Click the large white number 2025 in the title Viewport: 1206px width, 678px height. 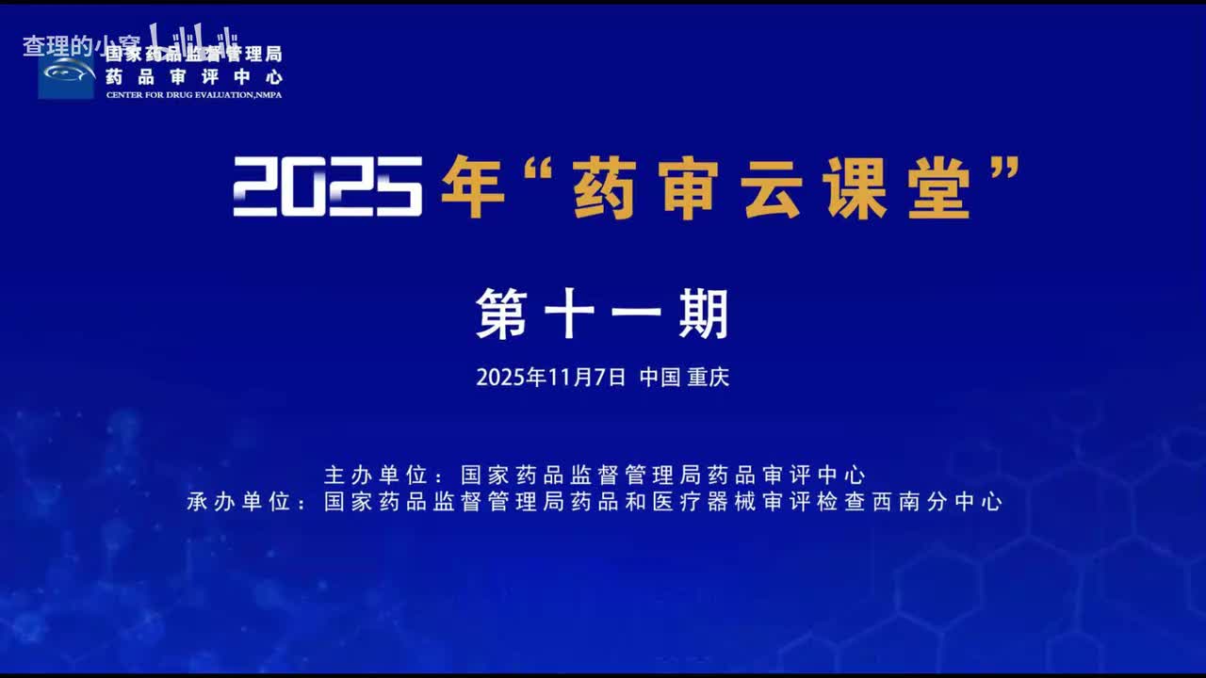327,186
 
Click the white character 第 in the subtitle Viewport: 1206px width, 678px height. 502,314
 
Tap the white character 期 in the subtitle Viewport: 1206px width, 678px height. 703,314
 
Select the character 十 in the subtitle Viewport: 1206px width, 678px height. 569,314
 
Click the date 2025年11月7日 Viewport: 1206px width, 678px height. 550,378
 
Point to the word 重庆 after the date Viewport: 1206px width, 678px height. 709,378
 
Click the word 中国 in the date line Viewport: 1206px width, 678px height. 660,378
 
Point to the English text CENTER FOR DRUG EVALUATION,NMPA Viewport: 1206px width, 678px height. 193,95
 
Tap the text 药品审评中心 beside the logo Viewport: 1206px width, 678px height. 193,77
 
